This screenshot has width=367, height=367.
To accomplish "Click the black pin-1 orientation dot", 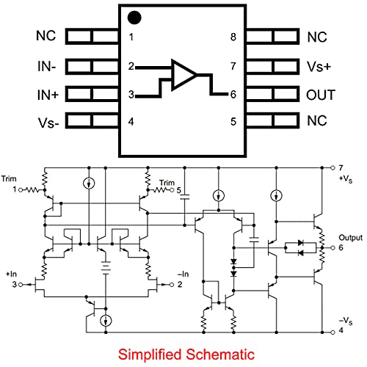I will pyautogui.click(x=134, y=17).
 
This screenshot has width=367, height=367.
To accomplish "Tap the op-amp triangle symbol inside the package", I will pyautogui.click(x=183, y=75).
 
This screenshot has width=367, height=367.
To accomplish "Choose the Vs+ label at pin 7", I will pyautogui.click(x=321, y=66).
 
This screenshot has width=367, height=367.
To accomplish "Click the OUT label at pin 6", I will pyautogui.click(x=321, y=94).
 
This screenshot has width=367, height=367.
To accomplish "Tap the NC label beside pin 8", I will pyautogui.click(x=317, y=37).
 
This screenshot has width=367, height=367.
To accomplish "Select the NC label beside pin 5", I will pyautogui.click(x=317, y=122).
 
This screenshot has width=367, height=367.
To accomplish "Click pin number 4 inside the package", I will pyautogui.click(x=131, y=122).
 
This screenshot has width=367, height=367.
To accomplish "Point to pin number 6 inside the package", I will pyautogui.click(x=233, y=95).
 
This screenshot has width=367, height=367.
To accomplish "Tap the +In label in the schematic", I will pyautogui.click(x=11, y=274).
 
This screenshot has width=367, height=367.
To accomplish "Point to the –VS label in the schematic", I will pyautogui.click(x=344, y=320).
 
